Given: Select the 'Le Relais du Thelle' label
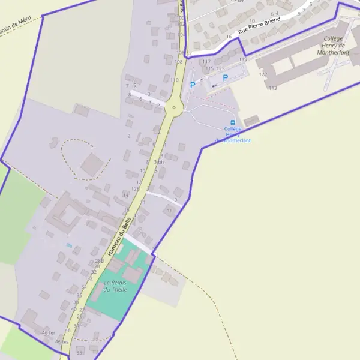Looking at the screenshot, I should point(115,286).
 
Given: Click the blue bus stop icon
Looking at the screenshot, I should point(232,122).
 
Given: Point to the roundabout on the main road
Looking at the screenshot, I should point(174,108).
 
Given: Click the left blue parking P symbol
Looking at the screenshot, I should point(193,85).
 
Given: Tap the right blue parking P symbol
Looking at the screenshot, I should point(226,77).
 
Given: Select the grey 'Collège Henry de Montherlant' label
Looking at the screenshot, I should point(332,45).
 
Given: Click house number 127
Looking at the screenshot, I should point(263,74).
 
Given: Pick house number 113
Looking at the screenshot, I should point(273,88).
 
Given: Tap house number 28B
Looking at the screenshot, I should point(99,261).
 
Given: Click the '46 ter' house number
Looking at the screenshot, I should point(49,332).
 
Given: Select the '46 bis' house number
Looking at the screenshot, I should point(62,341).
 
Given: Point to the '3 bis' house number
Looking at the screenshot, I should point(159,162).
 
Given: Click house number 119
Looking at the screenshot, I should point(243,59).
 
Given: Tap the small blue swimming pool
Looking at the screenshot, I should point(69,245).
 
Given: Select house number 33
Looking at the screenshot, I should point(79,353).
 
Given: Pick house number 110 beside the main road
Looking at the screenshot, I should point(174,80).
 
